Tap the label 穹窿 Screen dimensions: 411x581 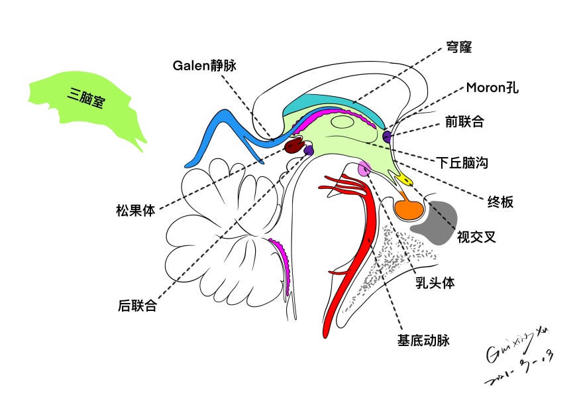click(458, 47)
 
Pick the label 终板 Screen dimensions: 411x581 click(500, 202)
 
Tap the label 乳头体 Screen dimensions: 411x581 click(435, 282)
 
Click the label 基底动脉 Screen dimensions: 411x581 click(423, 341)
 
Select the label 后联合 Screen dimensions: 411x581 click(137, 306)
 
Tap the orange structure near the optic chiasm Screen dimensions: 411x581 click(409, 209)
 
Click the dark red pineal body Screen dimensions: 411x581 click(293, 146)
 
